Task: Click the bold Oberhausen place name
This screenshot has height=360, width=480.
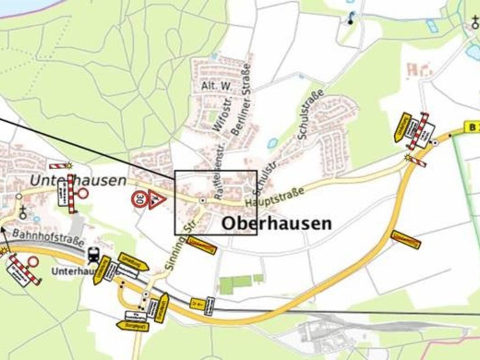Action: [x=277, y=223]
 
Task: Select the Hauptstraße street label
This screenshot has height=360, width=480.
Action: [x=275, y=196]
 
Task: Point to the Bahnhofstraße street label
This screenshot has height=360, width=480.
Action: [x=48, y=238]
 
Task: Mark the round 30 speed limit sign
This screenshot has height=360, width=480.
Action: [x=139, y=199]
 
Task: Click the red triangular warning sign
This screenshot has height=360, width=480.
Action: [x=157, y=199]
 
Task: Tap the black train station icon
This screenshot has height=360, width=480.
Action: [x=93, y=256]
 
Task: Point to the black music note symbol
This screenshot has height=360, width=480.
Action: [x=351, y=18]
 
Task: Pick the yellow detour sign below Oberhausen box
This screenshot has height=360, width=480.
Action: [x=201, y=245]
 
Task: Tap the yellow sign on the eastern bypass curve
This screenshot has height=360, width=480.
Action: [x=406, y=239]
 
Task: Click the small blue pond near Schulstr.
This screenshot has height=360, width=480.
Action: [x=273, y=143]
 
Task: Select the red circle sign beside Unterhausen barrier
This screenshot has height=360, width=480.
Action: [x=83, y=193]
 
